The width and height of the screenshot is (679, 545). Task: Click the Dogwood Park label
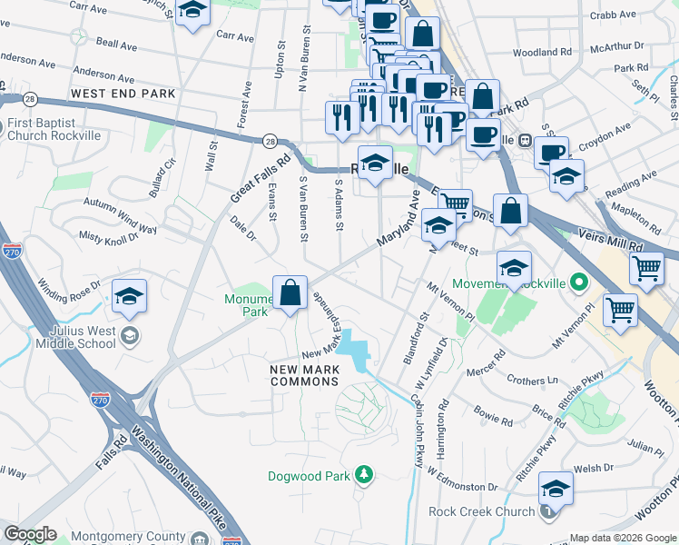click(x=310, y=476)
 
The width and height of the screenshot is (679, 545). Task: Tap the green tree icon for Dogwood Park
click(x=364, y=475)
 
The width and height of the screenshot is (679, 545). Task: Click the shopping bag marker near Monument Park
click(x=290, y=293)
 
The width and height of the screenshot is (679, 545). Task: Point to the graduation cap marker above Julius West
click(x=130, y=296)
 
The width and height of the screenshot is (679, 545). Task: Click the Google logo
click(x=30, y=534)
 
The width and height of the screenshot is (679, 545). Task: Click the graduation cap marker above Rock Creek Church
click(x=556, y=489)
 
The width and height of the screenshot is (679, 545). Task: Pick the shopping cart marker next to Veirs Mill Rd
click(x=646, y=269)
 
